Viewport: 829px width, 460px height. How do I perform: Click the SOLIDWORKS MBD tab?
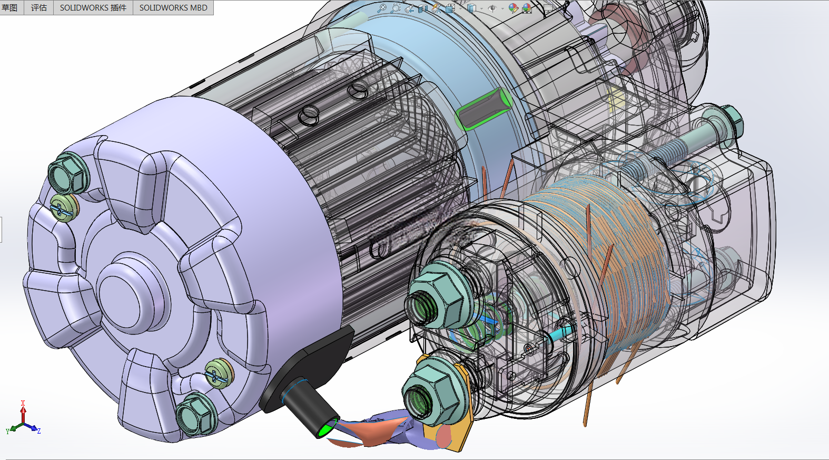tap(173, 7)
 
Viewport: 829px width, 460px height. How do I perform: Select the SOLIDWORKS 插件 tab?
tap(93, 7)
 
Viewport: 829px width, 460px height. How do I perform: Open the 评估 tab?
tap(39, 7)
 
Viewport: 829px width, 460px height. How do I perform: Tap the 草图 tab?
tap(10, 7)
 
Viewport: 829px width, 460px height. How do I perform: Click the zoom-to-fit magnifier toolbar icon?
tap(381, 8)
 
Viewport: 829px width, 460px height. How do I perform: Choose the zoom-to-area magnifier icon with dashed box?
tap(395, 8)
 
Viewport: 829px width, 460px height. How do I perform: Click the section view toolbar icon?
tap(422, 8)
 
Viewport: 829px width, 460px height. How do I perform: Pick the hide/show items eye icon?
tap(492, 8)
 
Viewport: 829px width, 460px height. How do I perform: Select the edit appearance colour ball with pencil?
tap(513, 8)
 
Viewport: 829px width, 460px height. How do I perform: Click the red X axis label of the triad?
tap(23, 403)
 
